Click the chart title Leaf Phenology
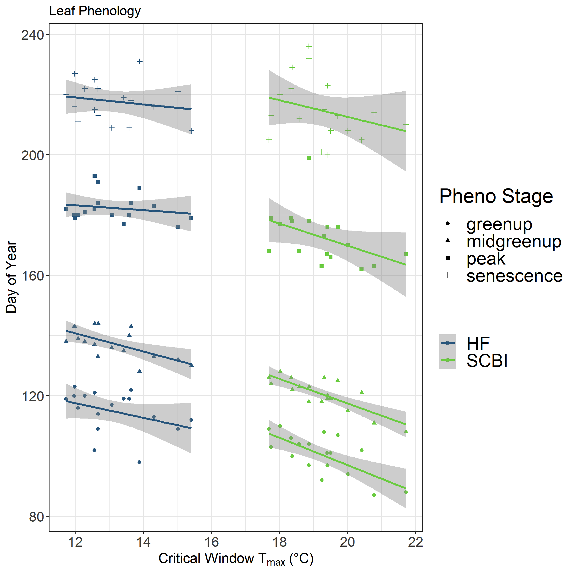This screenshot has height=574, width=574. (x=95, y=11)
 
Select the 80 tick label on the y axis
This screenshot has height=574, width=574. (x=36, y=517)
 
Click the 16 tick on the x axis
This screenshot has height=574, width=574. (x=211, y=542)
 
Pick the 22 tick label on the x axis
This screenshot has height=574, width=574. (x=415, y=542)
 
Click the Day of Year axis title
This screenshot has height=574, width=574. (x=11, y=277)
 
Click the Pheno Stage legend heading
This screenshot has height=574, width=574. (x=496, y=196)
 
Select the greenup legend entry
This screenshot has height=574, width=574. (x=499, y=224)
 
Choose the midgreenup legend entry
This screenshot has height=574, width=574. (x=514, y=242)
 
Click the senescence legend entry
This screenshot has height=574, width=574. (x=514, y=276)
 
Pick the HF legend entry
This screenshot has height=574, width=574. (x=478, y=343)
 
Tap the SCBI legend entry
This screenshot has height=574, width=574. (x=487, y=361)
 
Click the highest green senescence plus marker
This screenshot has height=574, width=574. (x=309, y=46)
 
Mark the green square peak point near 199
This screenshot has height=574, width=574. (x=309, y=158)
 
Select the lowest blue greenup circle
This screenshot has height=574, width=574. (x=139, y=462)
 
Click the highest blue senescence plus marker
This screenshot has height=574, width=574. (x=140, y=61)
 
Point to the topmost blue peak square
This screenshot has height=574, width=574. (x=94, y=176)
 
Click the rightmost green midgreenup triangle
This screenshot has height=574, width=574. (x=406, y=432)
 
